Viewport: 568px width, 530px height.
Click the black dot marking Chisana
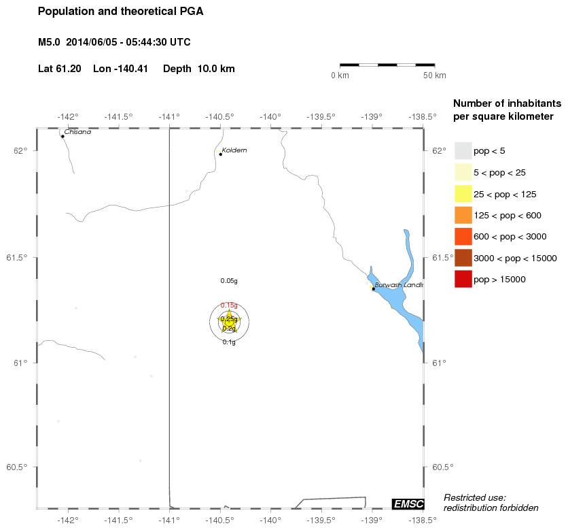click(x=63, y=136)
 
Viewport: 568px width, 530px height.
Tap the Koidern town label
click(x=234, y=150)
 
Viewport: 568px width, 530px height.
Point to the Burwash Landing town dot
click(x=374, y=288)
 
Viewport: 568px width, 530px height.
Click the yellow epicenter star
click(x=229, y=319)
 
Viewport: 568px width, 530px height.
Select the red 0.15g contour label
click(x=229, y=305)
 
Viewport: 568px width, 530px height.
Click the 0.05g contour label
click(x=229, y=280)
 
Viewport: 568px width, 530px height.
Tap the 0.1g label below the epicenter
click(x=229, y=342)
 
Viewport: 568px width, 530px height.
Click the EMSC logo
click(x=408, y=503)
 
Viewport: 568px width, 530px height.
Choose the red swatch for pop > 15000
click(x=463, y=279)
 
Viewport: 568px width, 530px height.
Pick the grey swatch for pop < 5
click(x=463, y=151)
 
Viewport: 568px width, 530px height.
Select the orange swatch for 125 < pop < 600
click(x=463, y=215)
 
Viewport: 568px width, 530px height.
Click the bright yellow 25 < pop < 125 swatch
click(x=463, y=194)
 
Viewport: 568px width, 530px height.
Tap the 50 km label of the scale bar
click(x=435, y=76)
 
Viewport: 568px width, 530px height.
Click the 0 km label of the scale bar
click(x=340, y=76)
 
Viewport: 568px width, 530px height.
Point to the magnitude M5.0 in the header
click(x=50, y=42)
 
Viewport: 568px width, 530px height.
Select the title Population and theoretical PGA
click(x=120, y=12)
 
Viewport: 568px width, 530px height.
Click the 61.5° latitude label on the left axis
click(x=16, y=258)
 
